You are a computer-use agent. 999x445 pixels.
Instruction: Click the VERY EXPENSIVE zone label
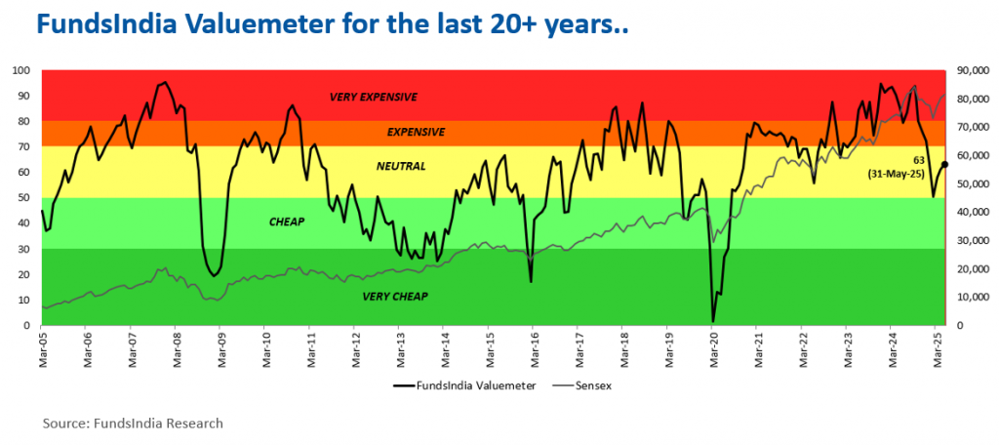click(x=374, y=97)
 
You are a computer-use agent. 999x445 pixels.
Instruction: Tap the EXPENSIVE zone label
click(x=416, y=132)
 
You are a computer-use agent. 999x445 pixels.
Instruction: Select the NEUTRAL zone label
click(x=402, y=166)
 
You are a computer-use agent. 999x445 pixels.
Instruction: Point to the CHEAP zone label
click(x=287, y=222)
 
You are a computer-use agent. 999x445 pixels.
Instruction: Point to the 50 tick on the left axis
click(x=23, y=198)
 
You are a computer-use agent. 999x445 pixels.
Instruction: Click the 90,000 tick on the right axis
click(x=972, y=70)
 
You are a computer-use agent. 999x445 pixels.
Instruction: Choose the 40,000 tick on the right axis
click(x=972, y=212)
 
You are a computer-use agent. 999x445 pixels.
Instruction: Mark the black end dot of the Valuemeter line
click(x=944, y=165)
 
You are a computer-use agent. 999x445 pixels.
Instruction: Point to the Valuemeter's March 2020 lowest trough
click(x=713, y=320)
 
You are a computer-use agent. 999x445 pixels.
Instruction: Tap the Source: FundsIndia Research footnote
click(x=133, y=423)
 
